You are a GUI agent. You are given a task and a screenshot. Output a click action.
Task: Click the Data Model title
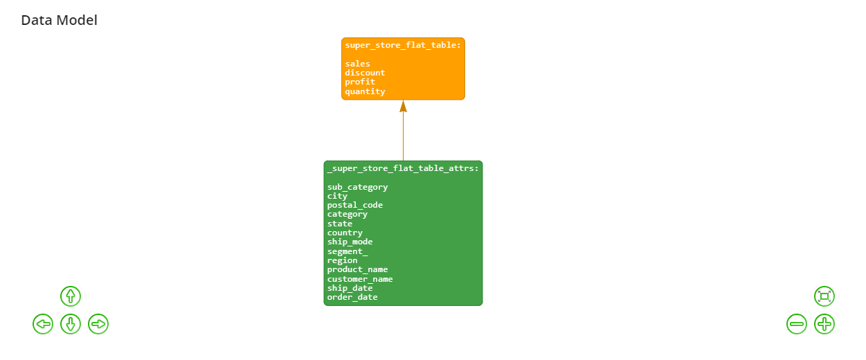(59, 20)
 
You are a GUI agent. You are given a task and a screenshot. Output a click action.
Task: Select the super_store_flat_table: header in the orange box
(403, 45)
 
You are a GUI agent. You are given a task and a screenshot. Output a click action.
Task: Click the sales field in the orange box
(358, 64)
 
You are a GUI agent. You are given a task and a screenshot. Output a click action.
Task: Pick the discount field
(365, 73)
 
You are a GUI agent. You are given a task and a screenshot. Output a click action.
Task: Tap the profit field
(360, 82)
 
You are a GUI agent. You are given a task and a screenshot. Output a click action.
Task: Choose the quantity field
(365, 91)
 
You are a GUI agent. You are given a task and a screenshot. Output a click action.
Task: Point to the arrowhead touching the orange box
(403, 107)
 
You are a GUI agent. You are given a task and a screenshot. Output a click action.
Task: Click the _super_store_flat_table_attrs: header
(403, 169)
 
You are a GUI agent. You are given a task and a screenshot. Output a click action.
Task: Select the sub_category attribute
(358, 187)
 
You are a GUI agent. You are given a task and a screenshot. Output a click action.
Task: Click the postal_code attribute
(355, 206)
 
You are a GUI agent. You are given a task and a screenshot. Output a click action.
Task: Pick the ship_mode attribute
(350, 242)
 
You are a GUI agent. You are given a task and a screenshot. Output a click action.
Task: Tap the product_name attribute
(358, 269)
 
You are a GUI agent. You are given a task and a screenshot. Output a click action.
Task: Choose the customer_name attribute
(360, 279)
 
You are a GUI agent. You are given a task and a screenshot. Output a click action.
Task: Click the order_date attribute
(352, 298)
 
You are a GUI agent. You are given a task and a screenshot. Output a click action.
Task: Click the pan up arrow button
(71, 296)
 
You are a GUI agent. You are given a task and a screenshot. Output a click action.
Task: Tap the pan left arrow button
(43, 324)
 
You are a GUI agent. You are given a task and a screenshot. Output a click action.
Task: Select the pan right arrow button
(98, 324)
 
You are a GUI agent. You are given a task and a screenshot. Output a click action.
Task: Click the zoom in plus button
(824, 324)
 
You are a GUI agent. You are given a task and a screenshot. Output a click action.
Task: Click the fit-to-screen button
(824, 296)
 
